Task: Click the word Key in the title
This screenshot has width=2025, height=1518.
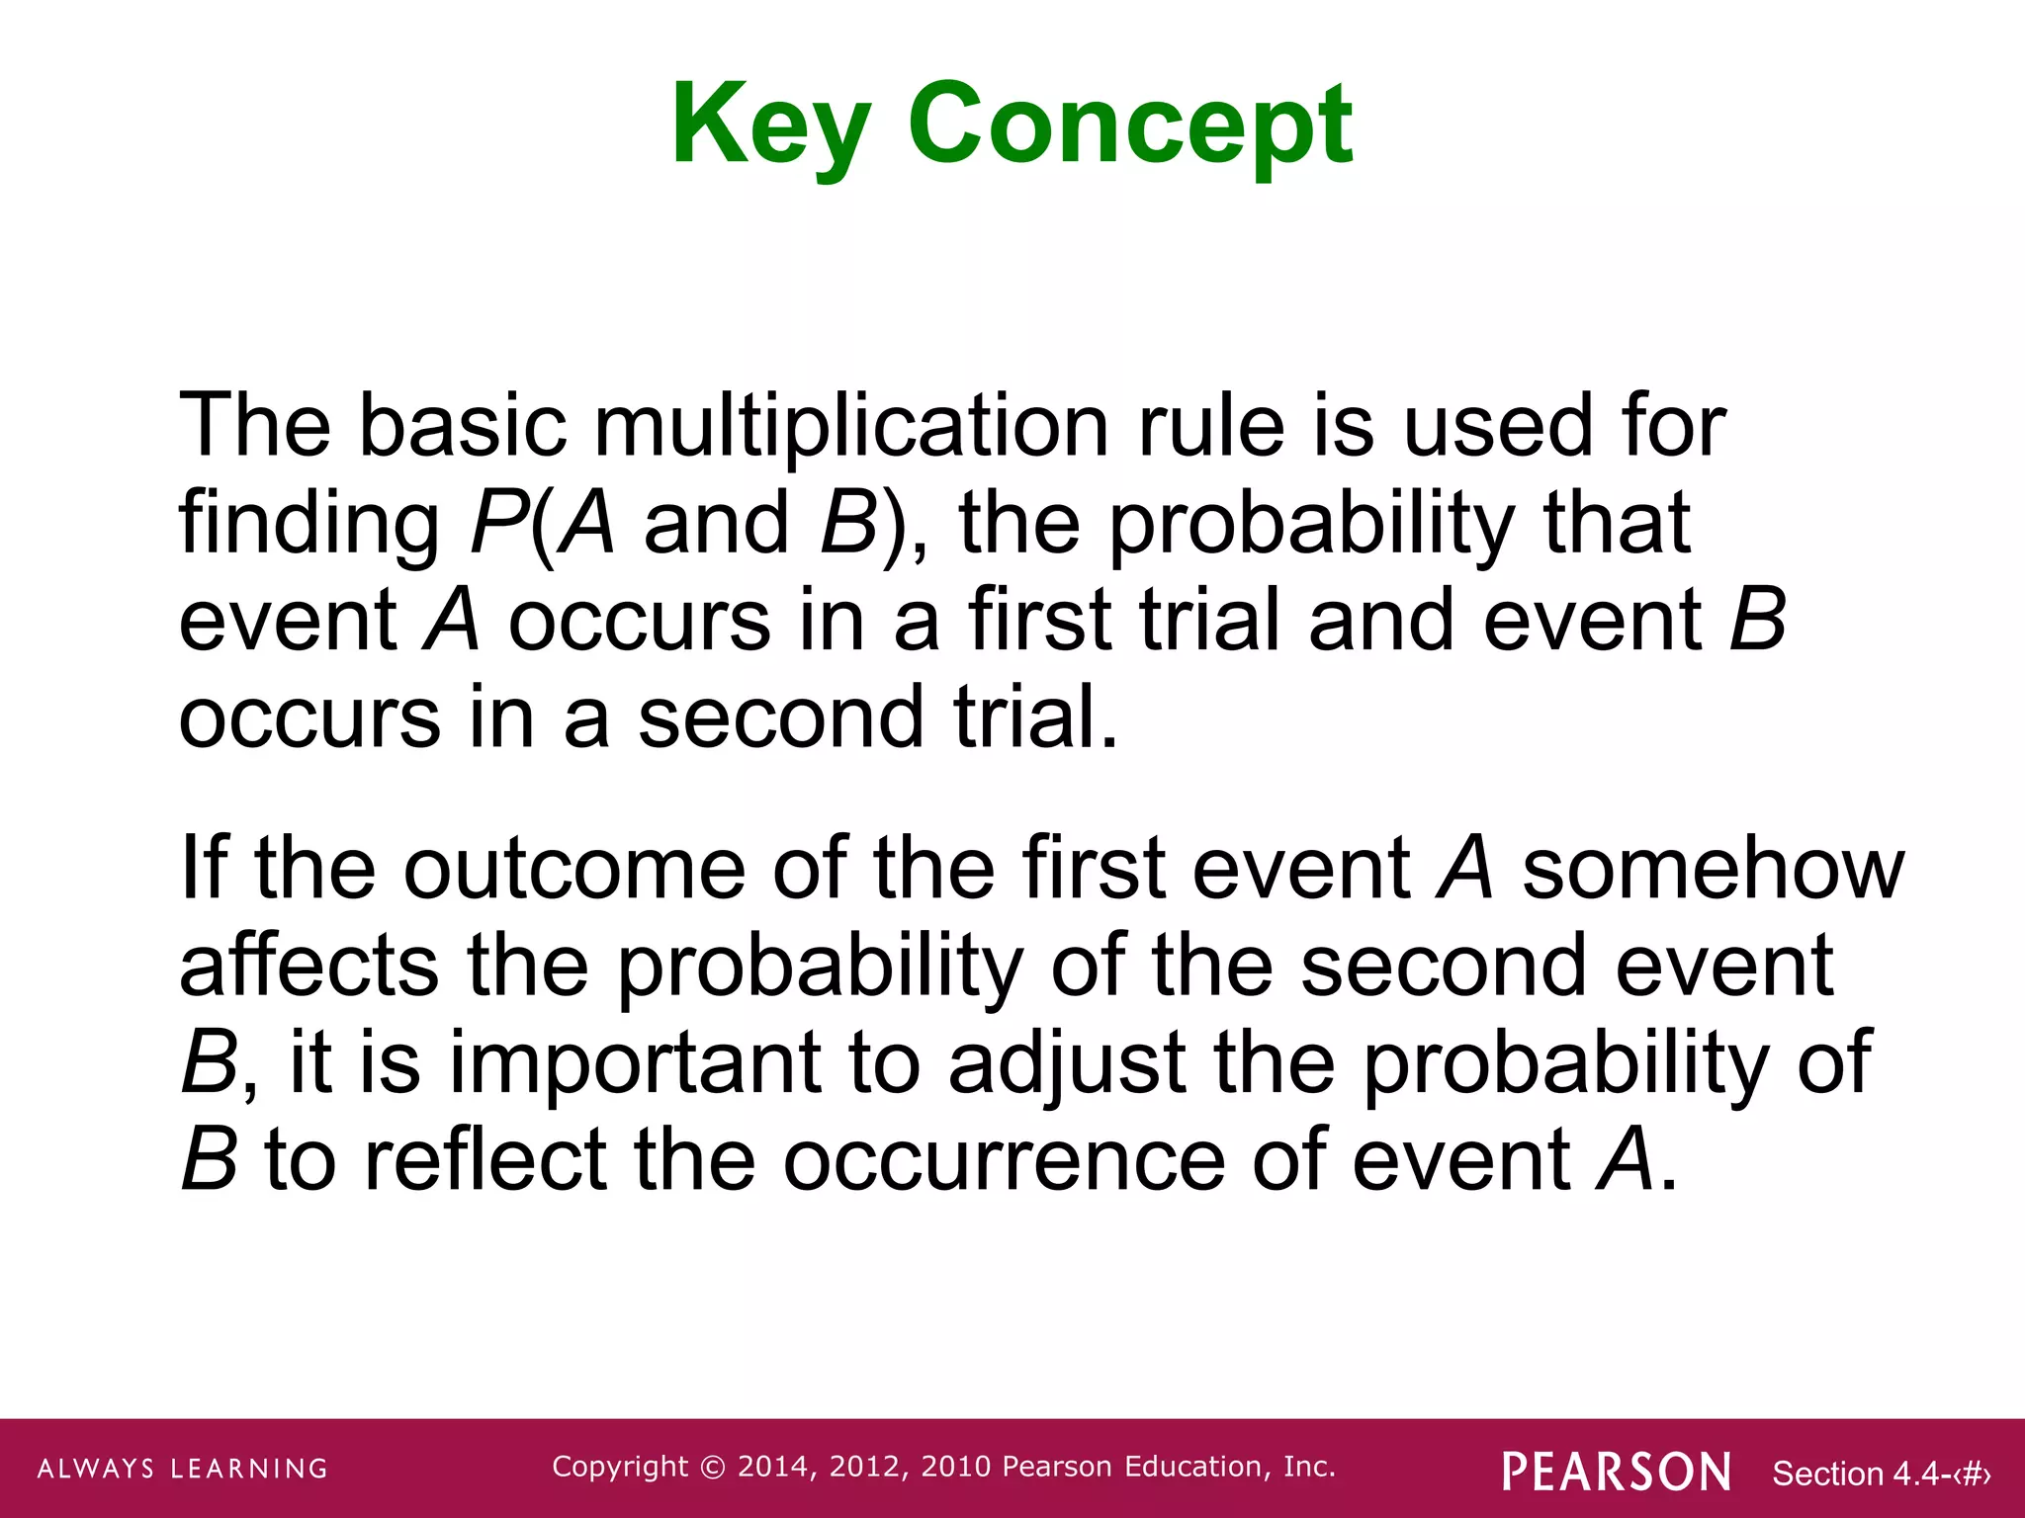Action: pyautogui.click(x=770, y=126)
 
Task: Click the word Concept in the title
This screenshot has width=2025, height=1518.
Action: pyautogui.click(x=1130, y=126)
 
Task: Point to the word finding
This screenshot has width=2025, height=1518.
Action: pyautogui.click(x=308, y=524)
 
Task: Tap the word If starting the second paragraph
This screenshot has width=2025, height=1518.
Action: pyautogui.click(x=204, y=868)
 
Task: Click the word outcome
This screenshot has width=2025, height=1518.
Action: pyautogui.click(x=573, y=868)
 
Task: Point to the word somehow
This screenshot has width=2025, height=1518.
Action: pyautogui.click(x=1712, y=868)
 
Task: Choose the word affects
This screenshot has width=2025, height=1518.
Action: pyautogui.click(x=308, y=966)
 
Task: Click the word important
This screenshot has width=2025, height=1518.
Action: pyautogui.click(x=635, y=1062)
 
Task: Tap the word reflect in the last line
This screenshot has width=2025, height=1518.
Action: pyautogui.click(x=485, y=1159)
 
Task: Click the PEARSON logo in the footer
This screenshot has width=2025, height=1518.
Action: pyautogui.click(x=1616, y=1472)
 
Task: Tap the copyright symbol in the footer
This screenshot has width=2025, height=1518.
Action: pyautogui.click(x=712, y=1468)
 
